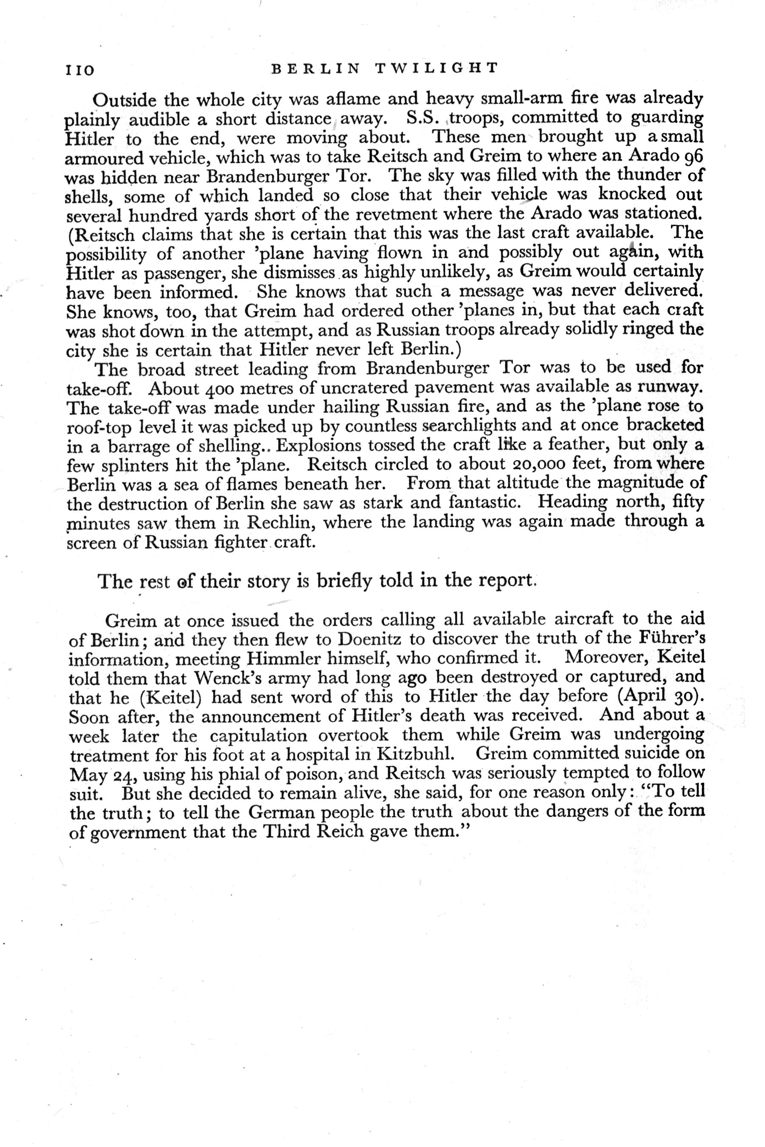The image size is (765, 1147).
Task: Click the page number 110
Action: pos(79,70)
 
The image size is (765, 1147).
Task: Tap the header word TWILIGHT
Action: pos(438,68)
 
